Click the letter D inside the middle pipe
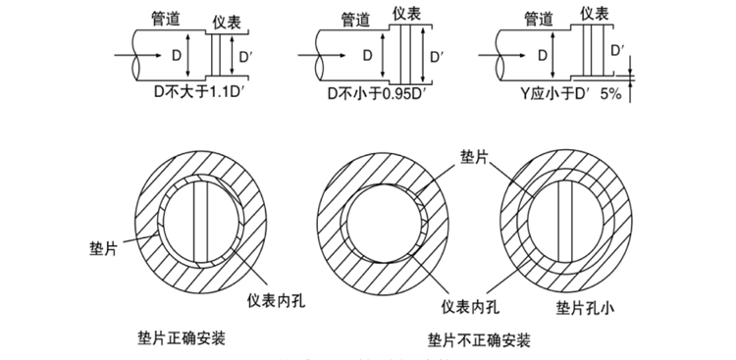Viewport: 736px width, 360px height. coord(366,55)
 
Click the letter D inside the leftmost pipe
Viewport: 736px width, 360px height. coord(176,55)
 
